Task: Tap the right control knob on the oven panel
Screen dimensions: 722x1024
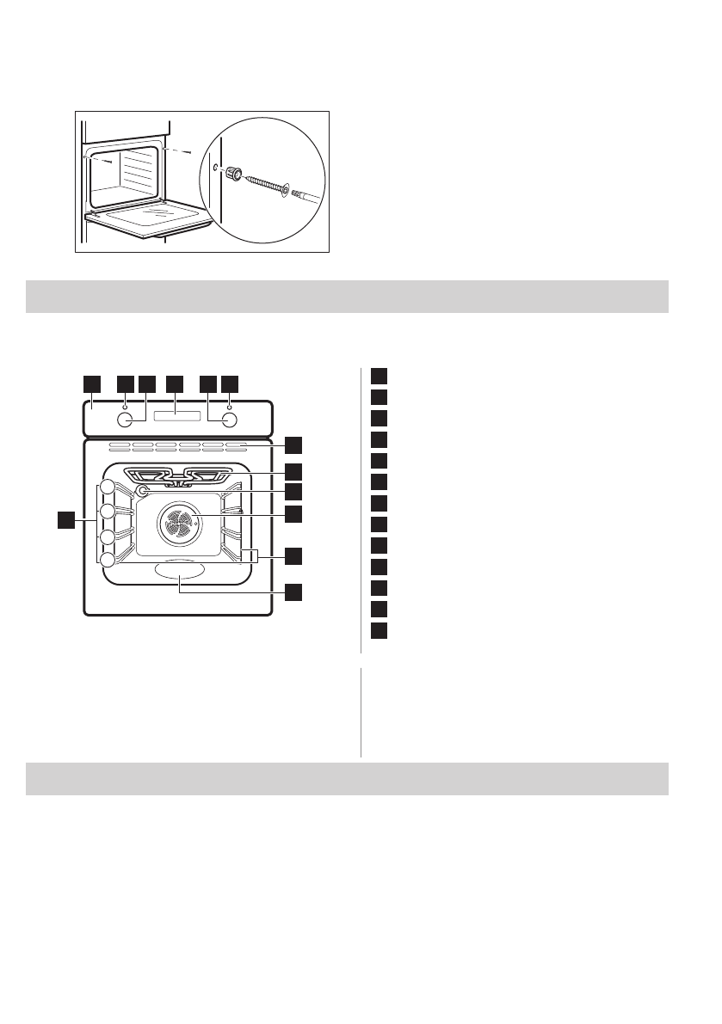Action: [230, 420]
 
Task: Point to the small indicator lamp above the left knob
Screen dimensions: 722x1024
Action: [126, 405]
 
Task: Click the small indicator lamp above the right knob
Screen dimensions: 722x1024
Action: [230, 405]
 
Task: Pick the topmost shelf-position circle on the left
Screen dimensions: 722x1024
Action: [107, 487]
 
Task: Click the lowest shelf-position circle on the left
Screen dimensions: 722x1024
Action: [107, 560]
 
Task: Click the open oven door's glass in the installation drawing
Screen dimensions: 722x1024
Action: [160, 212]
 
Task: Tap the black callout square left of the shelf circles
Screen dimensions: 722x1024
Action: [65, 519]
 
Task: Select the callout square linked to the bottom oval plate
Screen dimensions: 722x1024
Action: [294, 592]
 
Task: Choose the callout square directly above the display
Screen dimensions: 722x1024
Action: [176, 381]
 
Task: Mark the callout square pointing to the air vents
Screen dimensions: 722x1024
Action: [294, 445]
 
